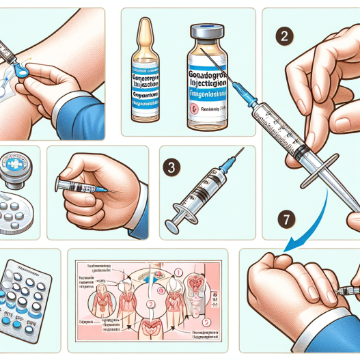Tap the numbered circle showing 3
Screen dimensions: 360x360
click(x=174, y=166)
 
